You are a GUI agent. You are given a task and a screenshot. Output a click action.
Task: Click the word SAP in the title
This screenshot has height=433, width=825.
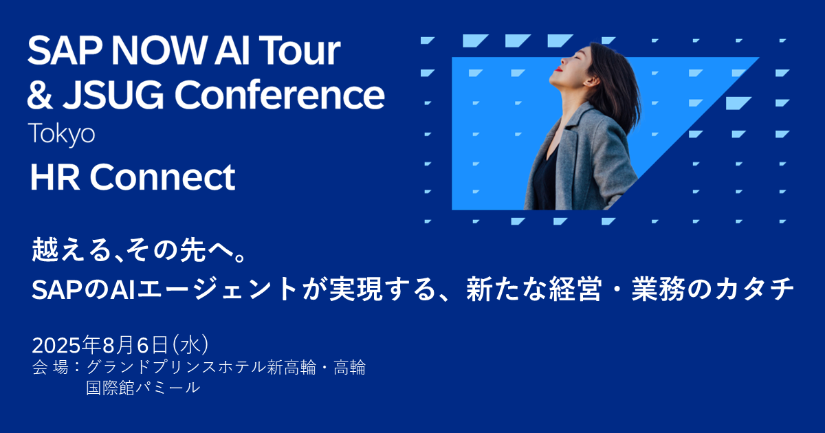(x=61, y=52)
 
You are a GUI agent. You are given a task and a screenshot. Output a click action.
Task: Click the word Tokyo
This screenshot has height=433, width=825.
(x=61, y=133)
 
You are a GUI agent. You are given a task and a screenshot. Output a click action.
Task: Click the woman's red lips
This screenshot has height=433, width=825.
(x=561, y=69)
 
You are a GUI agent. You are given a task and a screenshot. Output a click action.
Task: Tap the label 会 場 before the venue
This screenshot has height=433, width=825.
(x=50, y=368)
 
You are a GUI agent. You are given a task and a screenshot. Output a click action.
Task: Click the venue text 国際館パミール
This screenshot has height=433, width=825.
(x=143, y=388)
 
